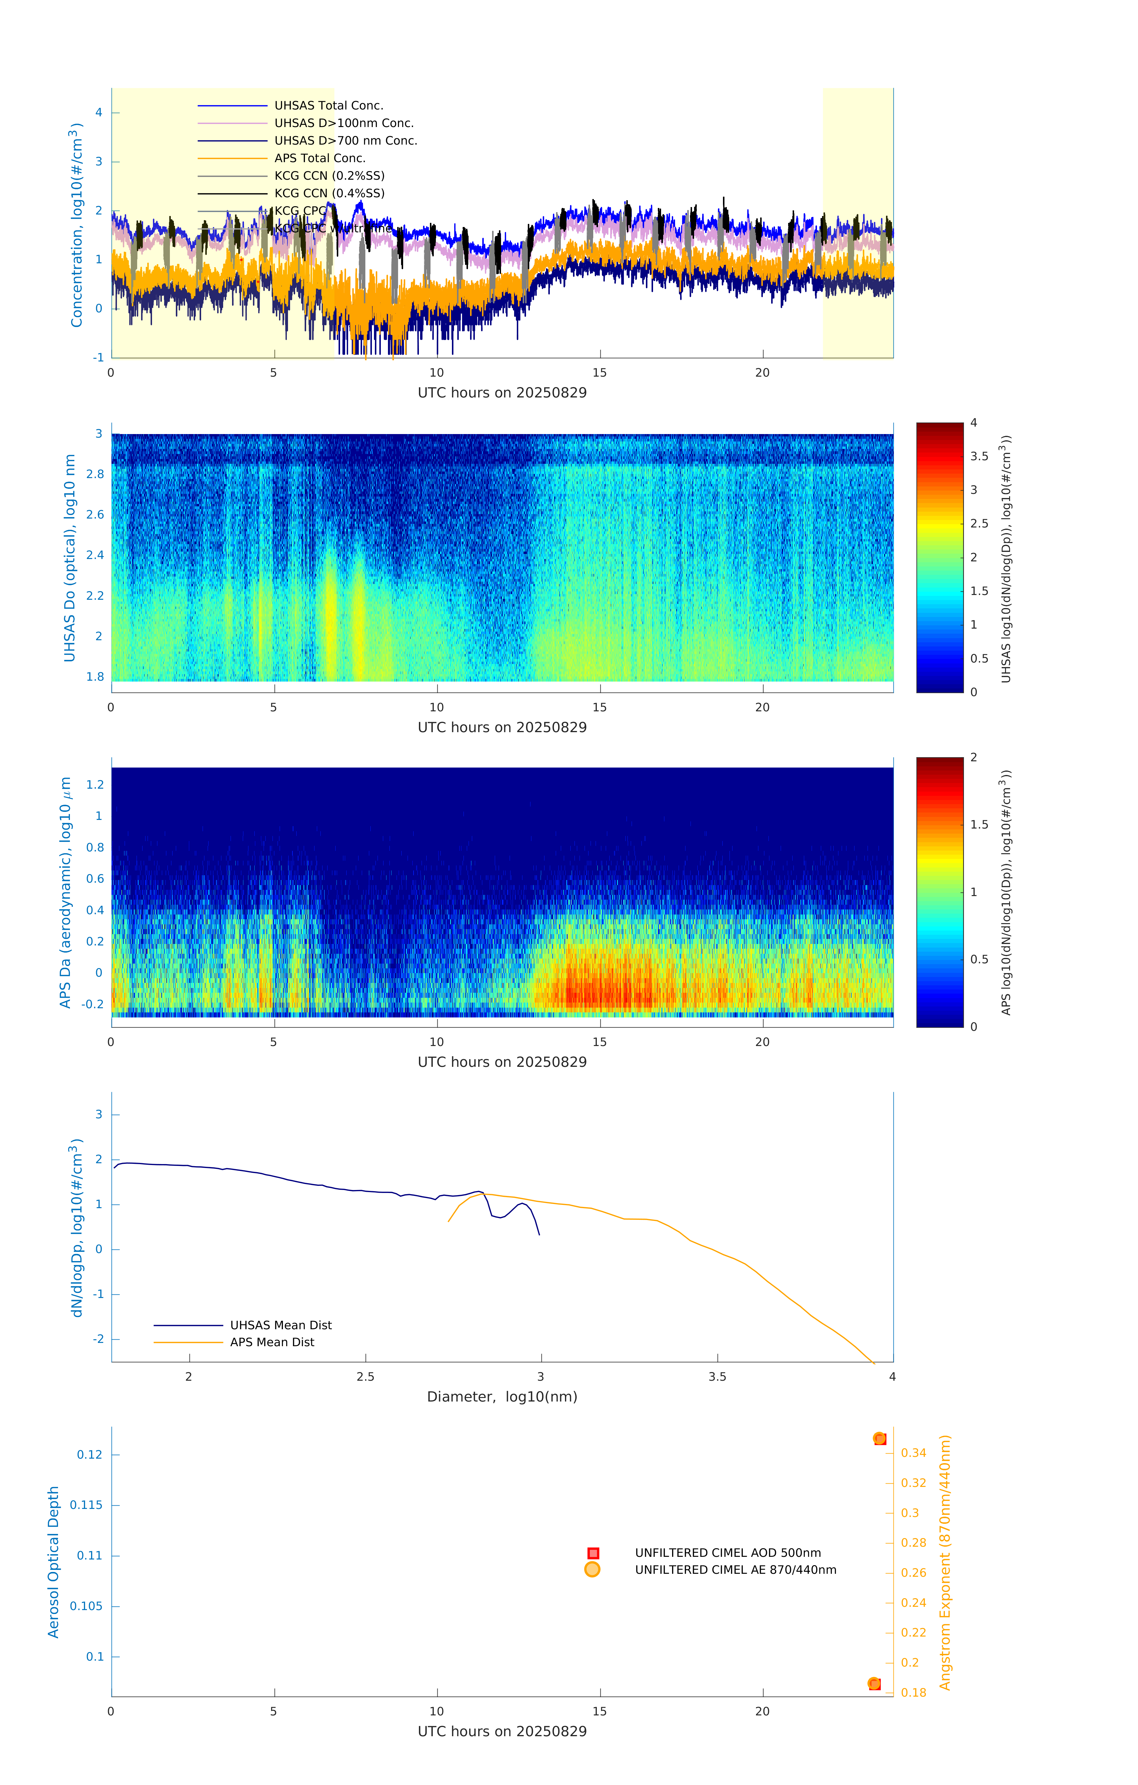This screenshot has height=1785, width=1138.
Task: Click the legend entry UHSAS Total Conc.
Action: (328, 105)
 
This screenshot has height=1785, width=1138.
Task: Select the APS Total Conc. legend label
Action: (320, 158)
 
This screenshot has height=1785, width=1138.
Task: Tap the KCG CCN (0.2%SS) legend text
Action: (329, 176)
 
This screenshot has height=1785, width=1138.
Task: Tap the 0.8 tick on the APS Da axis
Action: (95, 847)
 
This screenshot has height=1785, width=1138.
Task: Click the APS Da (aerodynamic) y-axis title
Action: (65, 892)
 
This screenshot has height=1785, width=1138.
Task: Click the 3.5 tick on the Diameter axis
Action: (717, 1377)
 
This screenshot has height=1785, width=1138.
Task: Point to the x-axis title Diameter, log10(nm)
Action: (502, 1396)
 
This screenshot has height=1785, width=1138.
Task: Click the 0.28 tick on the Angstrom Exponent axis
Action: (913, 1543)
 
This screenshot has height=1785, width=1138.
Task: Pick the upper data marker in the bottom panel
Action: (879, 1439)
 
